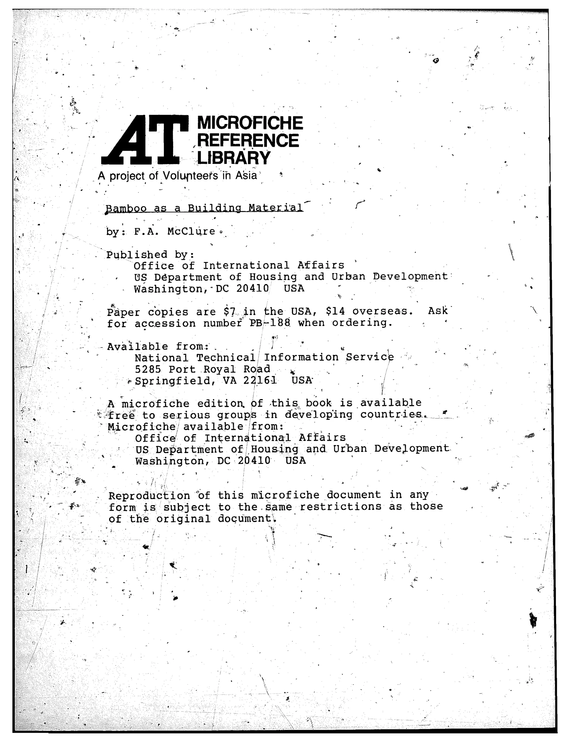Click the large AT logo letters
[x=145, y=140]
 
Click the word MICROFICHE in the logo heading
[x=250, y=123]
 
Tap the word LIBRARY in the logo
[x=234, y=158]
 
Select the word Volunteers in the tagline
[x=190, y=175]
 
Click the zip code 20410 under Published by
[x=253, y=288]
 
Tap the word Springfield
[x=175, y=381]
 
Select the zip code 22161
[x=260, y=381]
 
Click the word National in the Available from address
[x=161, y=358]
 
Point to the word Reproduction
[x=149, y=496]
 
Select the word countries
[x=392, y=415]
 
